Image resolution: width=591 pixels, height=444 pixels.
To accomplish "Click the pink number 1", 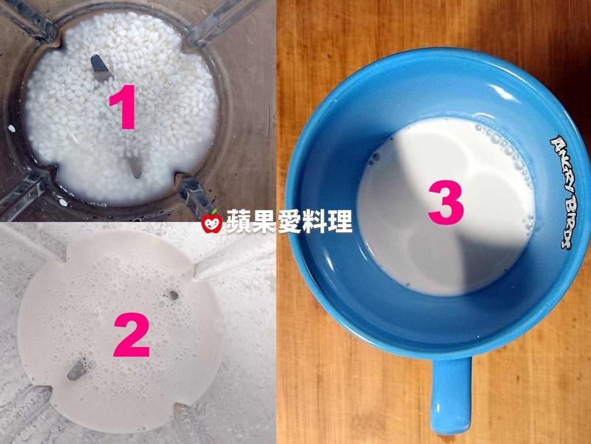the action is pyautogui.click(x=123, y=107).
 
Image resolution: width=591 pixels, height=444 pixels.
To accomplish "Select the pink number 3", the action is pyautogui.click(x=445, y=202).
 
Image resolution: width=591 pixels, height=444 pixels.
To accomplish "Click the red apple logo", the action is pyautogui.click(x=212, y=223).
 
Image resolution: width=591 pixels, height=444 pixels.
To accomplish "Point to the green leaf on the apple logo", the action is pyautogui.click(x=215, y=212).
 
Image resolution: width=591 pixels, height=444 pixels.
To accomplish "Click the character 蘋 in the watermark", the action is pyautogui.click(x=239, y=221).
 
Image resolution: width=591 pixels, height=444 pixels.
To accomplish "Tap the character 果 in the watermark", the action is pyautogui.click(x=264, y=221).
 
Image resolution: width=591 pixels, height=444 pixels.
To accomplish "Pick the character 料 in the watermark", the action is pyautogui.click(x=315, y=221).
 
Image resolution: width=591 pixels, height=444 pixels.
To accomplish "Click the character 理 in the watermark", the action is pyautogui.click(x=340, y=221).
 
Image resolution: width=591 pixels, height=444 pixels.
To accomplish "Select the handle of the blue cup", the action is pyautogui.click(x=451, y=395).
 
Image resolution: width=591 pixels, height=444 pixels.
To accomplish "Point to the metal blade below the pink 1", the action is pyautogui.click(x=134, y=166).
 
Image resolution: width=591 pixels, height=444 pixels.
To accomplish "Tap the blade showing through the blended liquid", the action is pyautogui.click(x=78, y=369).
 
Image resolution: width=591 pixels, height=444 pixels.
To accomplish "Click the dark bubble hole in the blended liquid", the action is pyautogui.click(x=173, y=295).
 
